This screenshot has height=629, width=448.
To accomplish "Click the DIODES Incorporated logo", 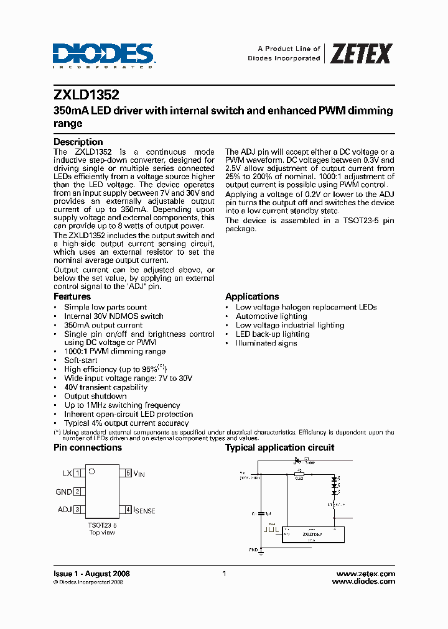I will tap(103, 55).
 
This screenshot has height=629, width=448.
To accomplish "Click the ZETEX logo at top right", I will tap(360, 53).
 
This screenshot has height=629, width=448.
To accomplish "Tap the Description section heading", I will tap(78, 142).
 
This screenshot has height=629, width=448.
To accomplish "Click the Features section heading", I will tap(72, 297).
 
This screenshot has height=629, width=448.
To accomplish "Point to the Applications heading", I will tap(252, 296).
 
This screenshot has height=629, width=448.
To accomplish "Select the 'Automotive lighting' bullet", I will tap(266, 316).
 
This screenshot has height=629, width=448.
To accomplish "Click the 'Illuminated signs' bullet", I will tap(266, 343).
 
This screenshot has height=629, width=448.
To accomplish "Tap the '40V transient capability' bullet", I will tap(106, 387).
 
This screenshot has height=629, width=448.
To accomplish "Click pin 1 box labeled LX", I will tap(77, 473).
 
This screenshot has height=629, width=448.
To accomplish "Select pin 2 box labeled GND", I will tap(77, 492).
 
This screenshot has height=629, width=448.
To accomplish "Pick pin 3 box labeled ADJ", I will tap(77, 510).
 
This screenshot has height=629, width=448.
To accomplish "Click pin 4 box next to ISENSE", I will tap(128, 510).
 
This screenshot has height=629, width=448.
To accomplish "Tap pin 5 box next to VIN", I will tap(128, 473).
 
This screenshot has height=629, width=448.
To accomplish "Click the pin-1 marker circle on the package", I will tap(91, 472).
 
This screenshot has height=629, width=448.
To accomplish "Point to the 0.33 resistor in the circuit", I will tap(299, 474).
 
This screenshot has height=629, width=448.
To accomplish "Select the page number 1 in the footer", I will tap(224, 574).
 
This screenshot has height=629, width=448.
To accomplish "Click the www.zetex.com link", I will tap(365, 574).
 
